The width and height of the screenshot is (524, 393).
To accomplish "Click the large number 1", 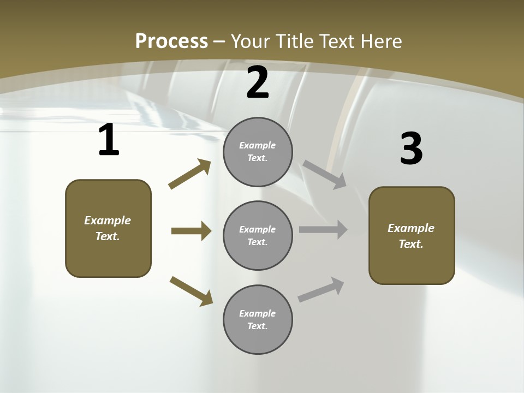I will [x=109, y=140].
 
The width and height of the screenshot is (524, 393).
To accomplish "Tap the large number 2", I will [x=258, y=82].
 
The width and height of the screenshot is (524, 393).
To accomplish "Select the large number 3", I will [x=411, y=148].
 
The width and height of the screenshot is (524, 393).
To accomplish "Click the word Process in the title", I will [x=171, y=41].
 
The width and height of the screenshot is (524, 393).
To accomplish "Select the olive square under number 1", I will [x=108, y=228].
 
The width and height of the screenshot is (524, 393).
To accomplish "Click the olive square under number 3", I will [x=412, y=235].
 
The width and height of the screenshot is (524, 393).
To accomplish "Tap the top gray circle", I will [x=258, y=152].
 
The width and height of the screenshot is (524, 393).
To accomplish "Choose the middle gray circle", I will [x=258, y=235].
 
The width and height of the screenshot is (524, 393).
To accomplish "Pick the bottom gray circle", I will [x=258, y=319].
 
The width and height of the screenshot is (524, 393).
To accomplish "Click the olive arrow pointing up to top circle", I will [x=190, y=174].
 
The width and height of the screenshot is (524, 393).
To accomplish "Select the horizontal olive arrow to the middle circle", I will [x=191, y=231].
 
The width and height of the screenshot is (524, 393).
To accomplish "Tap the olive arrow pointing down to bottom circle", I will [x=191, y=291].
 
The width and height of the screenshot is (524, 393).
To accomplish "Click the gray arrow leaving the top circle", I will [x=325, y=174].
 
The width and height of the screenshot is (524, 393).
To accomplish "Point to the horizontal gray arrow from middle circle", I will [x=323, y=230].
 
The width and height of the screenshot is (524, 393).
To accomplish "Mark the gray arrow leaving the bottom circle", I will [x=321, y=289].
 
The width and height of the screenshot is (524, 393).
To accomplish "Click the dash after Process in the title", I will [x=219, y=41].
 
